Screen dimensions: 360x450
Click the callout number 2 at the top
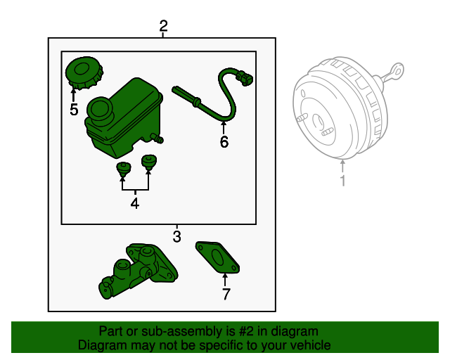163,27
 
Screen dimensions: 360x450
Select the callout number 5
74,110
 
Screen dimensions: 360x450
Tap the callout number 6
224,142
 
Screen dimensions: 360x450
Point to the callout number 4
135,204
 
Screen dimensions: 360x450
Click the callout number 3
176,236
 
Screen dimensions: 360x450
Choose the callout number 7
225,295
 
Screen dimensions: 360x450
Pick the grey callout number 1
342,182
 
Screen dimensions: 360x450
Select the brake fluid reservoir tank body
130,120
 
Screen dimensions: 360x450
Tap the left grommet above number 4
124,169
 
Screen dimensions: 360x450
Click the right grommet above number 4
148,163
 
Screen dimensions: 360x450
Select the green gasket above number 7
217,257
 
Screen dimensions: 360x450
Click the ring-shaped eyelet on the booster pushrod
399,70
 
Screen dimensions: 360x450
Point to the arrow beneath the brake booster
342,167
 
